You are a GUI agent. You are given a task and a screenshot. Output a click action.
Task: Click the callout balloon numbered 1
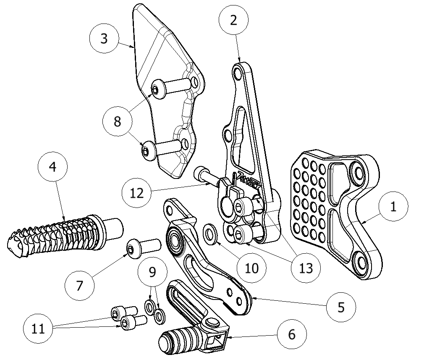(x=393, y=208)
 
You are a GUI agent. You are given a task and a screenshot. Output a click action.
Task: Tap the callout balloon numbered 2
(x=234, y=20)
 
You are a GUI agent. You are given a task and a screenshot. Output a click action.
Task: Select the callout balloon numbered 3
(x=104, y=39)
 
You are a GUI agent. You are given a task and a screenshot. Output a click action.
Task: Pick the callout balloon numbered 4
(x=52, y=167)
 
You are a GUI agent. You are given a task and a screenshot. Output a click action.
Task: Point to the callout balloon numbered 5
(x=341, y=306)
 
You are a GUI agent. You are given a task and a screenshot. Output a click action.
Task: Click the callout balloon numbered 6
(x=292, y=335)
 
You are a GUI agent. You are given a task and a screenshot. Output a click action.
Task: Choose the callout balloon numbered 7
(x=80, y=286)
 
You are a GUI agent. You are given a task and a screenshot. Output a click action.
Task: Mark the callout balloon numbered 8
(x=118, y=121)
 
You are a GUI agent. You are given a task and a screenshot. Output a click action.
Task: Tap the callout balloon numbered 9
(x=152, y=271)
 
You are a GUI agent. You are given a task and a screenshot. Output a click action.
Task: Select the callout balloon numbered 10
(x=251, y=268)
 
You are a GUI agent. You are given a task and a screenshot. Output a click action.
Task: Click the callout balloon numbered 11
(x=38, y=328)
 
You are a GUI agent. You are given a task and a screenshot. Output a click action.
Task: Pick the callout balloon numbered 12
(x=137, y=193)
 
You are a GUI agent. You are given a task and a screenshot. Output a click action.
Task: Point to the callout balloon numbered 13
(x=306, y=268)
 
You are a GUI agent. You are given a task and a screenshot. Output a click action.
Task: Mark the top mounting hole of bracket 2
(x=238, y=74)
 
